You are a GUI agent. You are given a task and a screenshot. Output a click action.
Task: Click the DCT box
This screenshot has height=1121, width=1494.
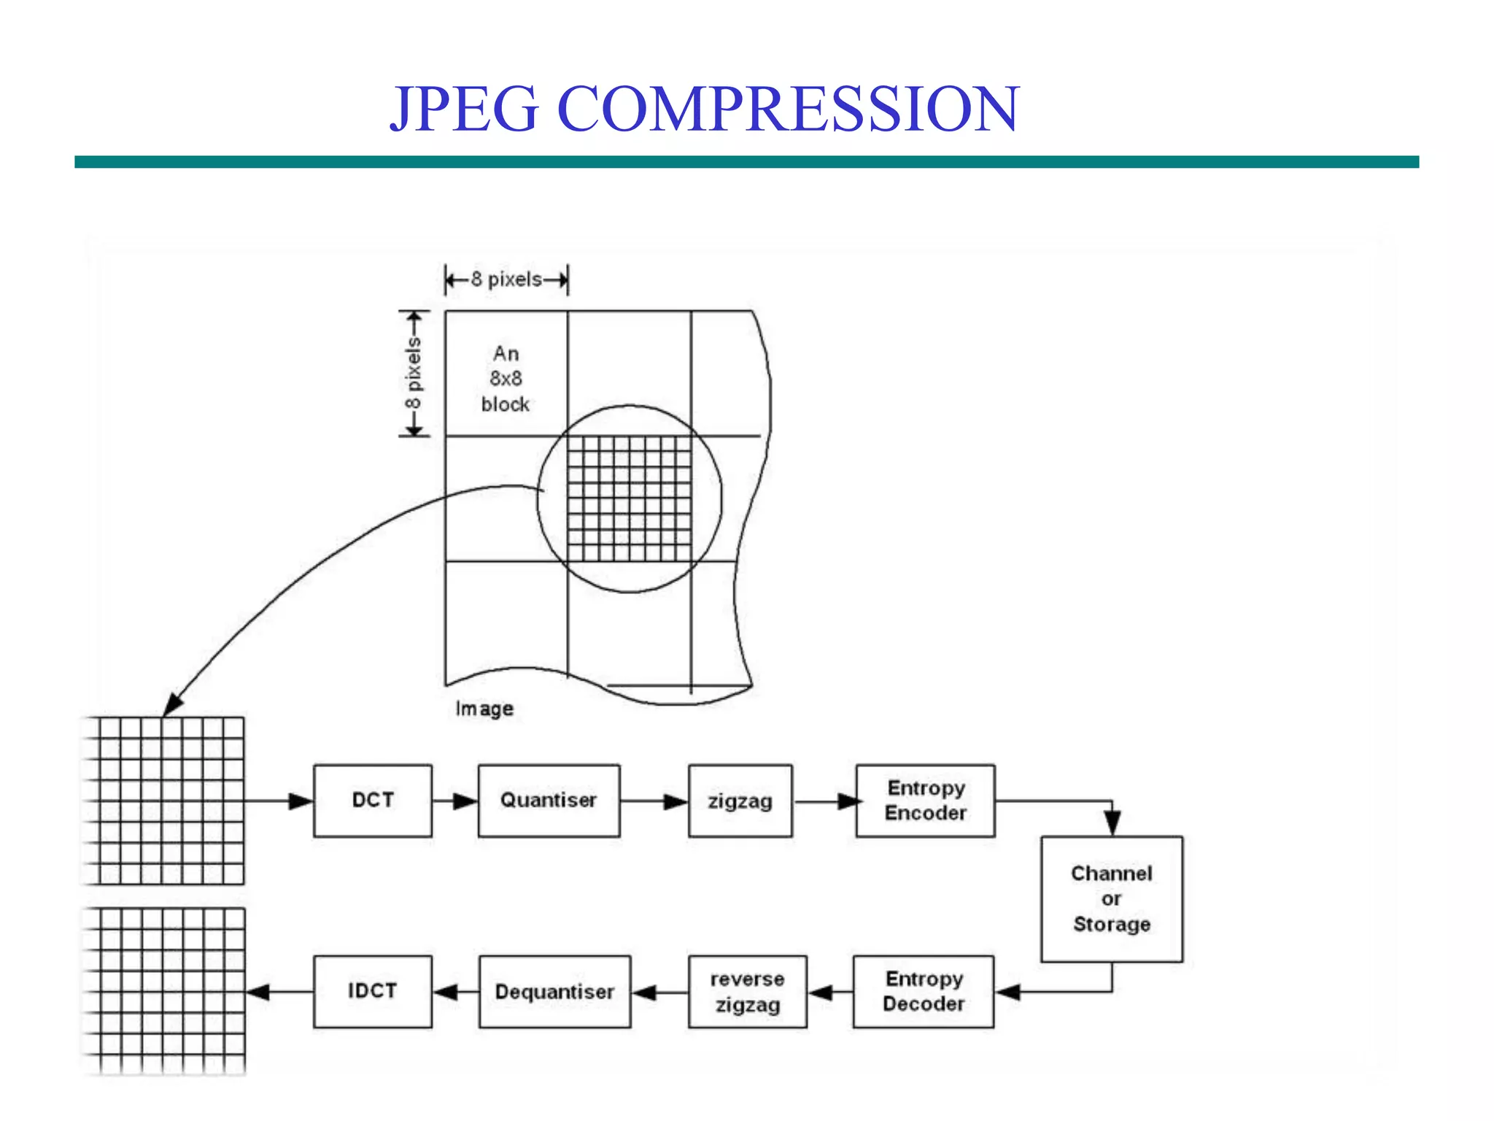pos(373,801)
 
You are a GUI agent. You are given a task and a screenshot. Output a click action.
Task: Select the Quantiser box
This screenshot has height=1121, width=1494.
pos(549,801)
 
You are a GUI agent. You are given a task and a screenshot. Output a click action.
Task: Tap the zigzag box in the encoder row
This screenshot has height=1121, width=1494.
pos(740,801)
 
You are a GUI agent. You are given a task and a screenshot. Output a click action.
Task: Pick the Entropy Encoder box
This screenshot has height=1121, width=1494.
pos(925,801)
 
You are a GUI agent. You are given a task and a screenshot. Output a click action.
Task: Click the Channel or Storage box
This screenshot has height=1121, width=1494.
pos(1112,899)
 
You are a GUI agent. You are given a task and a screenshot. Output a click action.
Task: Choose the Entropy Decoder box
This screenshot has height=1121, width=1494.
pos(924,992)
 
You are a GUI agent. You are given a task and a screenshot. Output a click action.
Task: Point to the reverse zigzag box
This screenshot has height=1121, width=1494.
pos(748,992)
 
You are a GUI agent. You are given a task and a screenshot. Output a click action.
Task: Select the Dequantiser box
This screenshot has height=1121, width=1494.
pos(554,992)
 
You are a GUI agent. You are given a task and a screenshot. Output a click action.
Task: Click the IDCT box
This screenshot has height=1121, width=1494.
pos(373,992)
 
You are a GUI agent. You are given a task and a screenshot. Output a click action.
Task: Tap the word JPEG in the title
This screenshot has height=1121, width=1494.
pos(465,109)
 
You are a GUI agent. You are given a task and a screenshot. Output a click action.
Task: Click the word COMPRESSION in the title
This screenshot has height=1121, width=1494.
pos(788,109)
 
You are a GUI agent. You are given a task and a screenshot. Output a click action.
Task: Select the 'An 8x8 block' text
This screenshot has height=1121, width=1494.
pos(506,379)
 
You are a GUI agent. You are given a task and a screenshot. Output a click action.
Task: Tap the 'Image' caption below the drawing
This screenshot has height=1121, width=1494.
pos(484,709)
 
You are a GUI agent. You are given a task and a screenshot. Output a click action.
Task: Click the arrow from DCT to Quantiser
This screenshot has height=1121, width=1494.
pos(455,801)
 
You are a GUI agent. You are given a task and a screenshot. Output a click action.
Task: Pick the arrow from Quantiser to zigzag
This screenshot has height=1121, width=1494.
pos(654,801)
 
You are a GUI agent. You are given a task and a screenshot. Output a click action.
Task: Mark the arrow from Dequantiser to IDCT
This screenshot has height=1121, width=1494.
pos(456,993)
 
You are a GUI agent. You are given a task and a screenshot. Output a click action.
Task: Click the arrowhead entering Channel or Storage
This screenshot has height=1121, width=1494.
pos(1112,822)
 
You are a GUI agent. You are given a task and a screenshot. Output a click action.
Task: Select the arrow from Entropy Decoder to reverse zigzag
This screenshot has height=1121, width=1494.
pos(830,993)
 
